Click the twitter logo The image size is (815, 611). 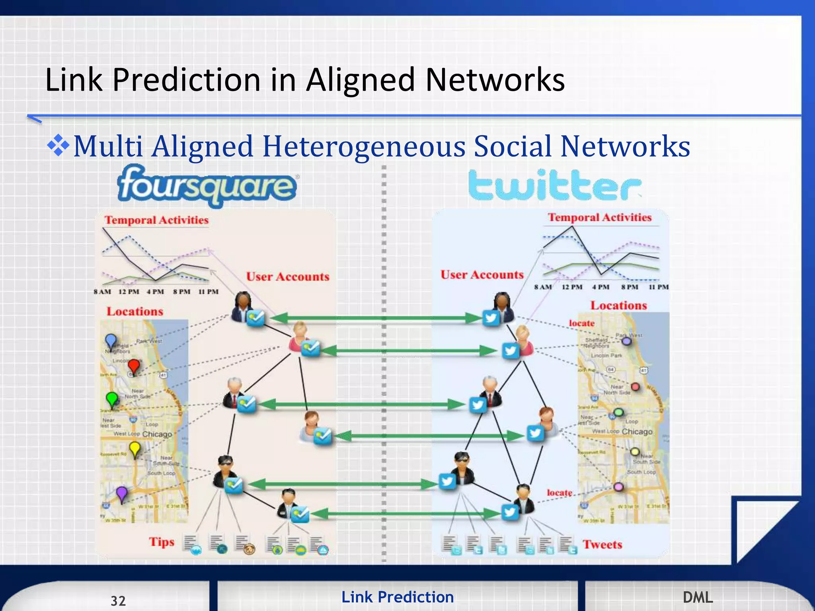click(x=554, y=185)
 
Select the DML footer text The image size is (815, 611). click(x=698, y=597)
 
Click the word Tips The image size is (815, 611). click(x=162, y=542)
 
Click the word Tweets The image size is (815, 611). click(x=602, y=544)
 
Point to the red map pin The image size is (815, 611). click(x=134, y=366)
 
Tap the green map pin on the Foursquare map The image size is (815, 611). click(x=112, y=399)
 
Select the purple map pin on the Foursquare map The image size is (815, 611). click(x=121, y=494)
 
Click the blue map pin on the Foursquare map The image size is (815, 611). click(x=111, y=341)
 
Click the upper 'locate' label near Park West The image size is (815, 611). click(x=581, y=323)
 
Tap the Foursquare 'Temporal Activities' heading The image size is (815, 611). click(x=156, y=220)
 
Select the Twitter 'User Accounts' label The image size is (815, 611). click(x=482, y=274)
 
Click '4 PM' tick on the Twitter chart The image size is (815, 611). click(x=601, y=287)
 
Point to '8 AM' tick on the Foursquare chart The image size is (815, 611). click(x=102, y=292)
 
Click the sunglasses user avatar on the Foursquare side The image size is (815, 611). click(x=225, y=471)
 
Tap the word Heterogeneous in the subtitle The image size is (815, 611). click(x=364, y=146)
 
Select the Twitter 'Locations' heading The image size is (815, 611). click(x=618, y=305)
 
